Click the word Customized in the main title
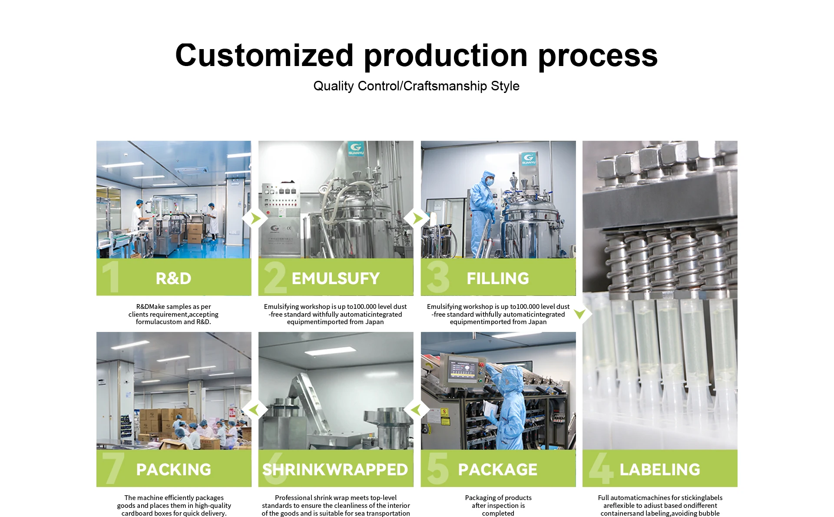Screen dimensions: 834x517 click(265, 55)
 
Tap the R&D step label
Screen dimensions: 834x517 click(173, 278)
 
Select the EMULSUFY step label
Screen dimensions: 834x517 click(336, 278)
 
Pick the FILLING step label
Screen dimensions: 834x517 click(498, 278)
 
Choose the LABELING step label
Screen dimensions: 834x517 click(660, 470)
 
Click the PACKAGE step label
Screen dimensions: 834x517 click(498, 470)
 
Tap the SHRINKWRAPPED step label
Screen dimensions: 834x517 click(335, 470)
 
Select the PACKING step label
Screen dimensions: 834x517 click(174, 470)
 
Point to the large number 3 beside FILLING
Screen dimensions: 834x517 click(438, 277)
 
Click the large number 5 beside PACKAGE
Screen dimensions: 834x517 click(438, 468)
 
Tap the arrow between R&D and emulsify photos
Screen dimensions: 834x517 click(255, 218)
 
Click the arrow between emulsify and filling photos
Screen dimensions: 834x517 click(417, 218)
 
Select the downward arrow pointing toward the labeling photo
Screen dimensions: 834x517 click(580, 314)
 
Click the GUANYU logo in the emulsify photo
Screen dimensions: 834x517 click(356, 149)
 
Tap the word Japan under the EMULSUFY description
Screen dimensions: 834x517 click(374, 322)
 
